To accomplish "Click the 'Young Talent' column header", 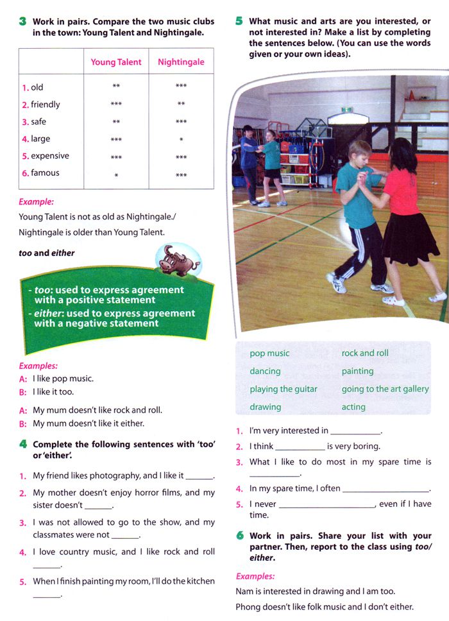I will (x=116, y=62).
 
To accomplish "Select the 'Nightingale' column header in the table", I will (x=181, y=62).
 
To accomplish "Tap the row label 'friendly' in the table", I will (x=46, y=105).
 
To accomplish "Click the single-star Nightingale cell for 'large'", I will (x=182, y=140).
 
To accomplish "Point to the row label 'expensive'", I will (x=50, y=156).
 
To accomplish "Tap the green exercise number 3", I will (x=23, y=21).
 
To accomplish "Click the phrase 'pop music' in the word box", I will (x=269, y=353).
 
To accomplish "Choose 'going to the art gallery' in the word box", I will (x=385, y=389).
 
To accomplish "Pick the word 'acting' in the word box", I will (x=353, y=407).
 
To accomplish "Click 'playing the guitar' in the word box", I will (x=284, y=389).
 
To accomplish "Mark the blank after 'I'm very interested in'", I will (x=355, y=432).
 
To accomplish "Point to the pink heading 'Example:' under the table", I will (x=36, y=202).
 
